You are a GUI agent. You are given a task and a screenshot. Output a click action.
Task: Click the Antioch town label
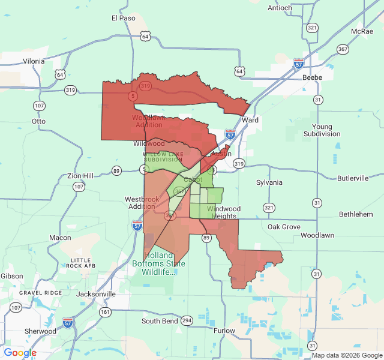click(x=280, y=8)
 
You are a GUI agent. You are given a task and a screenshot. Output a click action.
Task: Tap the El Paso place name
click(x=124, y=18)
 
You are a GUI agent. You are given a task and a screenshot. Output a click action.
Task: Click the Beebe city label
click(x=312, y=77)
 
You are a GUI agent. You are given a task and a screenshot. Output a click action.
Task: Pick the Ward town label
click(x=250, y=120)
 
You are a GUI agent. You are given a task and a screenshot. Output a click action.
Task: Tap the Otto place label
click(x=39, y=121)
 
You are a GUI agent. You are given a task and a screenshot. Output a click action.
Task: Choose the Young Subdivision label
click(x=322, y=130)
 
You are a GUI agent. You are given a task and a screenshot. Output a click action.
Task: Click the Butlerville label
click(x=353, y=178)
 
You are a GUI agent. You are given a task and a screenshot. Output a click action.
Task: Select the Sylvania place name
click(x=269, y=182)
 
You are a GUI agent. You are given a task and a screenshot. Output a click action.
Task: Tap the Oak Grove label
click(x=284, y=227)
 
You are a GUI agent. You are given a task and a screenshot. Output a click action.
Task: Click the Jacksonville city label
click(x=96, y=294)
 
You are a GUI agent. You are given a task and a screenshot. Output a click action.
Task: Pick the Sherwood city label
click(x=40, y=331)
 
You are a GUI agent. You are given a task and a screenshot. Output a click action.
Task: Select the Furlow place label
click(x=224, y=331)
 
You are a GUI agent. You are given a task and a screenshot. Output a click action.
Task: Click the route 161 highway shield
click(x=106, y=312)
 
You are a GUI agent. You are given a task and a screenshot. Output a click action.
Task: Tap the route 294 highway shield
click(x=187, y=320)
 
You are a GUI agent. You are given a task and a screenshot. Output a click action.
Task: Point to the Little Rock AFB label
click(x=82, y=262)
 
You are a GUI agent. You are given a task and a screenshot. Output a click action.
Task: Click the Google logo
click(x=20, y=353)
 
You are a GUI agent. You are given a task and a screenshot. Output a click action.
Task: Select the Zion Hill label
click(x=80, y=175)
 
